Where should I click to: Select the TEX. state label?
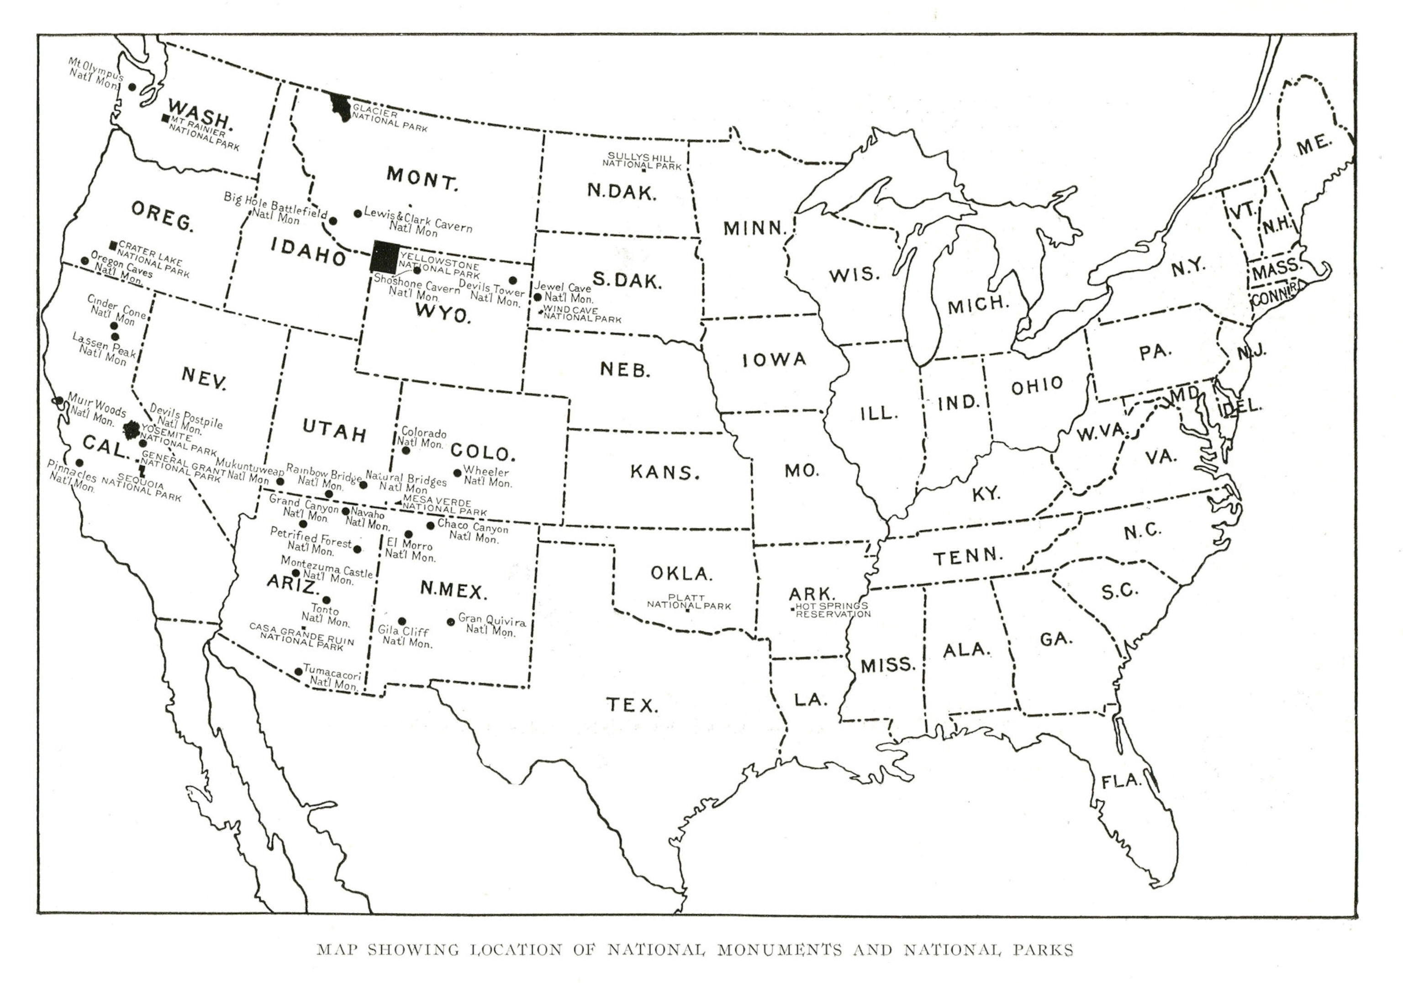[x=632, y=705]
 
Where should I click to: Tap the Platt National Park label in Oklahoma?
[x=689, y=602]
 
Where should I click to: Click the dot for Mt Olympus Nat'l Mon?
[x=132, y=87]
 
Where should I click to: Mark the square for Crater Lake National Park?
[x=113, y=245]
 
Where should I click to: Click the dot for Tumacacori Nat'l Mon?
[x=298, y=672]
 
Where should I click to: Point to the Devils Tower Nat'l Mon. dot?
[x=513, y=280]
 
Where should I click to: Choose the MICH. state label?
[x=978, y=304]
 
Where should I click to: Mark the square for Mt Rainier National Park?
[x=165, y=118]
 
